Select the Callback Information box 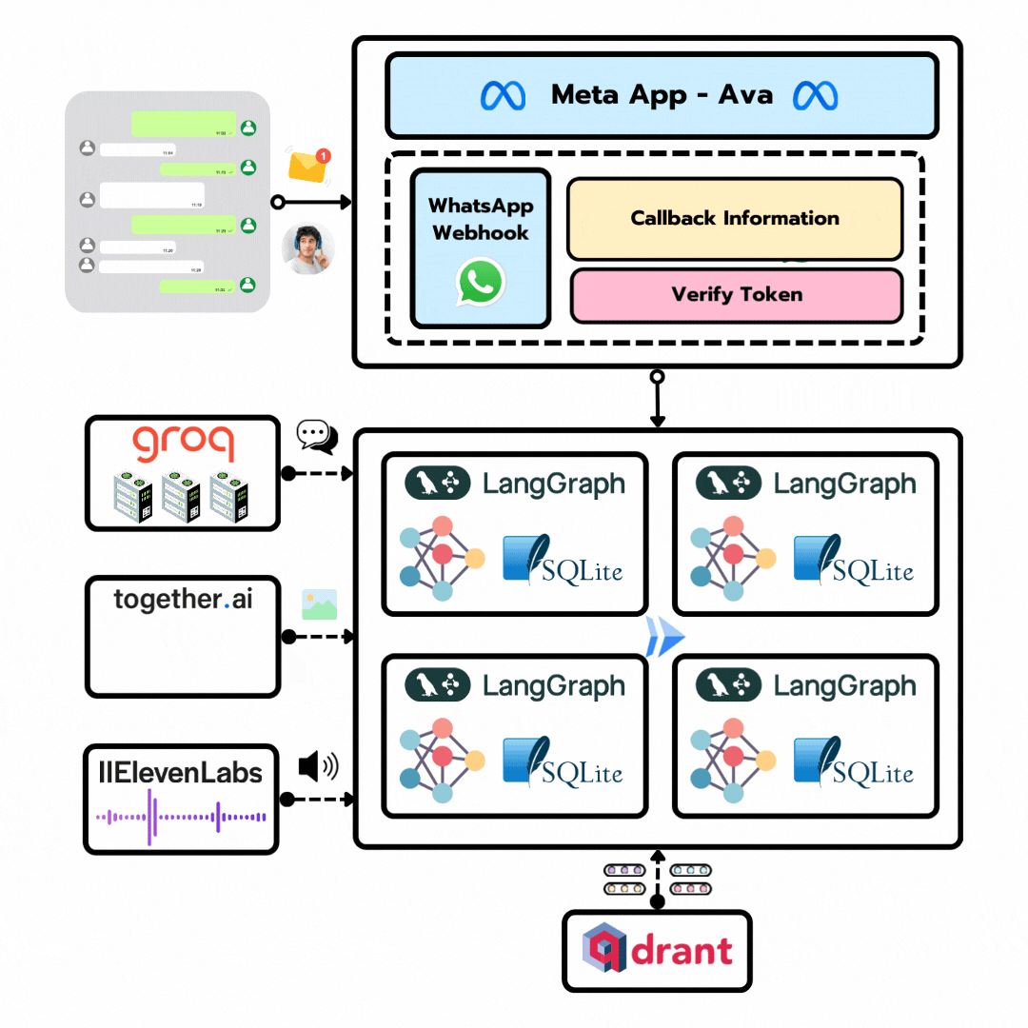(x=734, y=218)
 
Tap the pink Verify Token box (x=736, y=295)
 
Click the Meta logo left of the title (x=503, y=95)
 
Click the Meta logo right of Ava (x=816, y=95)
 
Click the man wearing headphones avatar (x=308, y=249)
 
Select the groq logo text (x=183, y=445)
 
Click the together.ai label (x=183, y=600)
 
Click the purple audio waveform (x=181, y=817)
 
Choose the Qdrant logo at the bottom (x=657, y=950)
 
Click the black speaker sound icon (x=318, y=766)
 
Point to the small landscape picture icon (x=319, y=604)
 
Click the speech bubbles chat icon (x=316, y=436)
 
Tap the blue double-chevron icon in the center (x=664, y=636)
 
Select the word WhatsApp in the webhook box (x=481, y=206)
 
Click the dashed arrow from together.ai (x=319, y=636)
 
